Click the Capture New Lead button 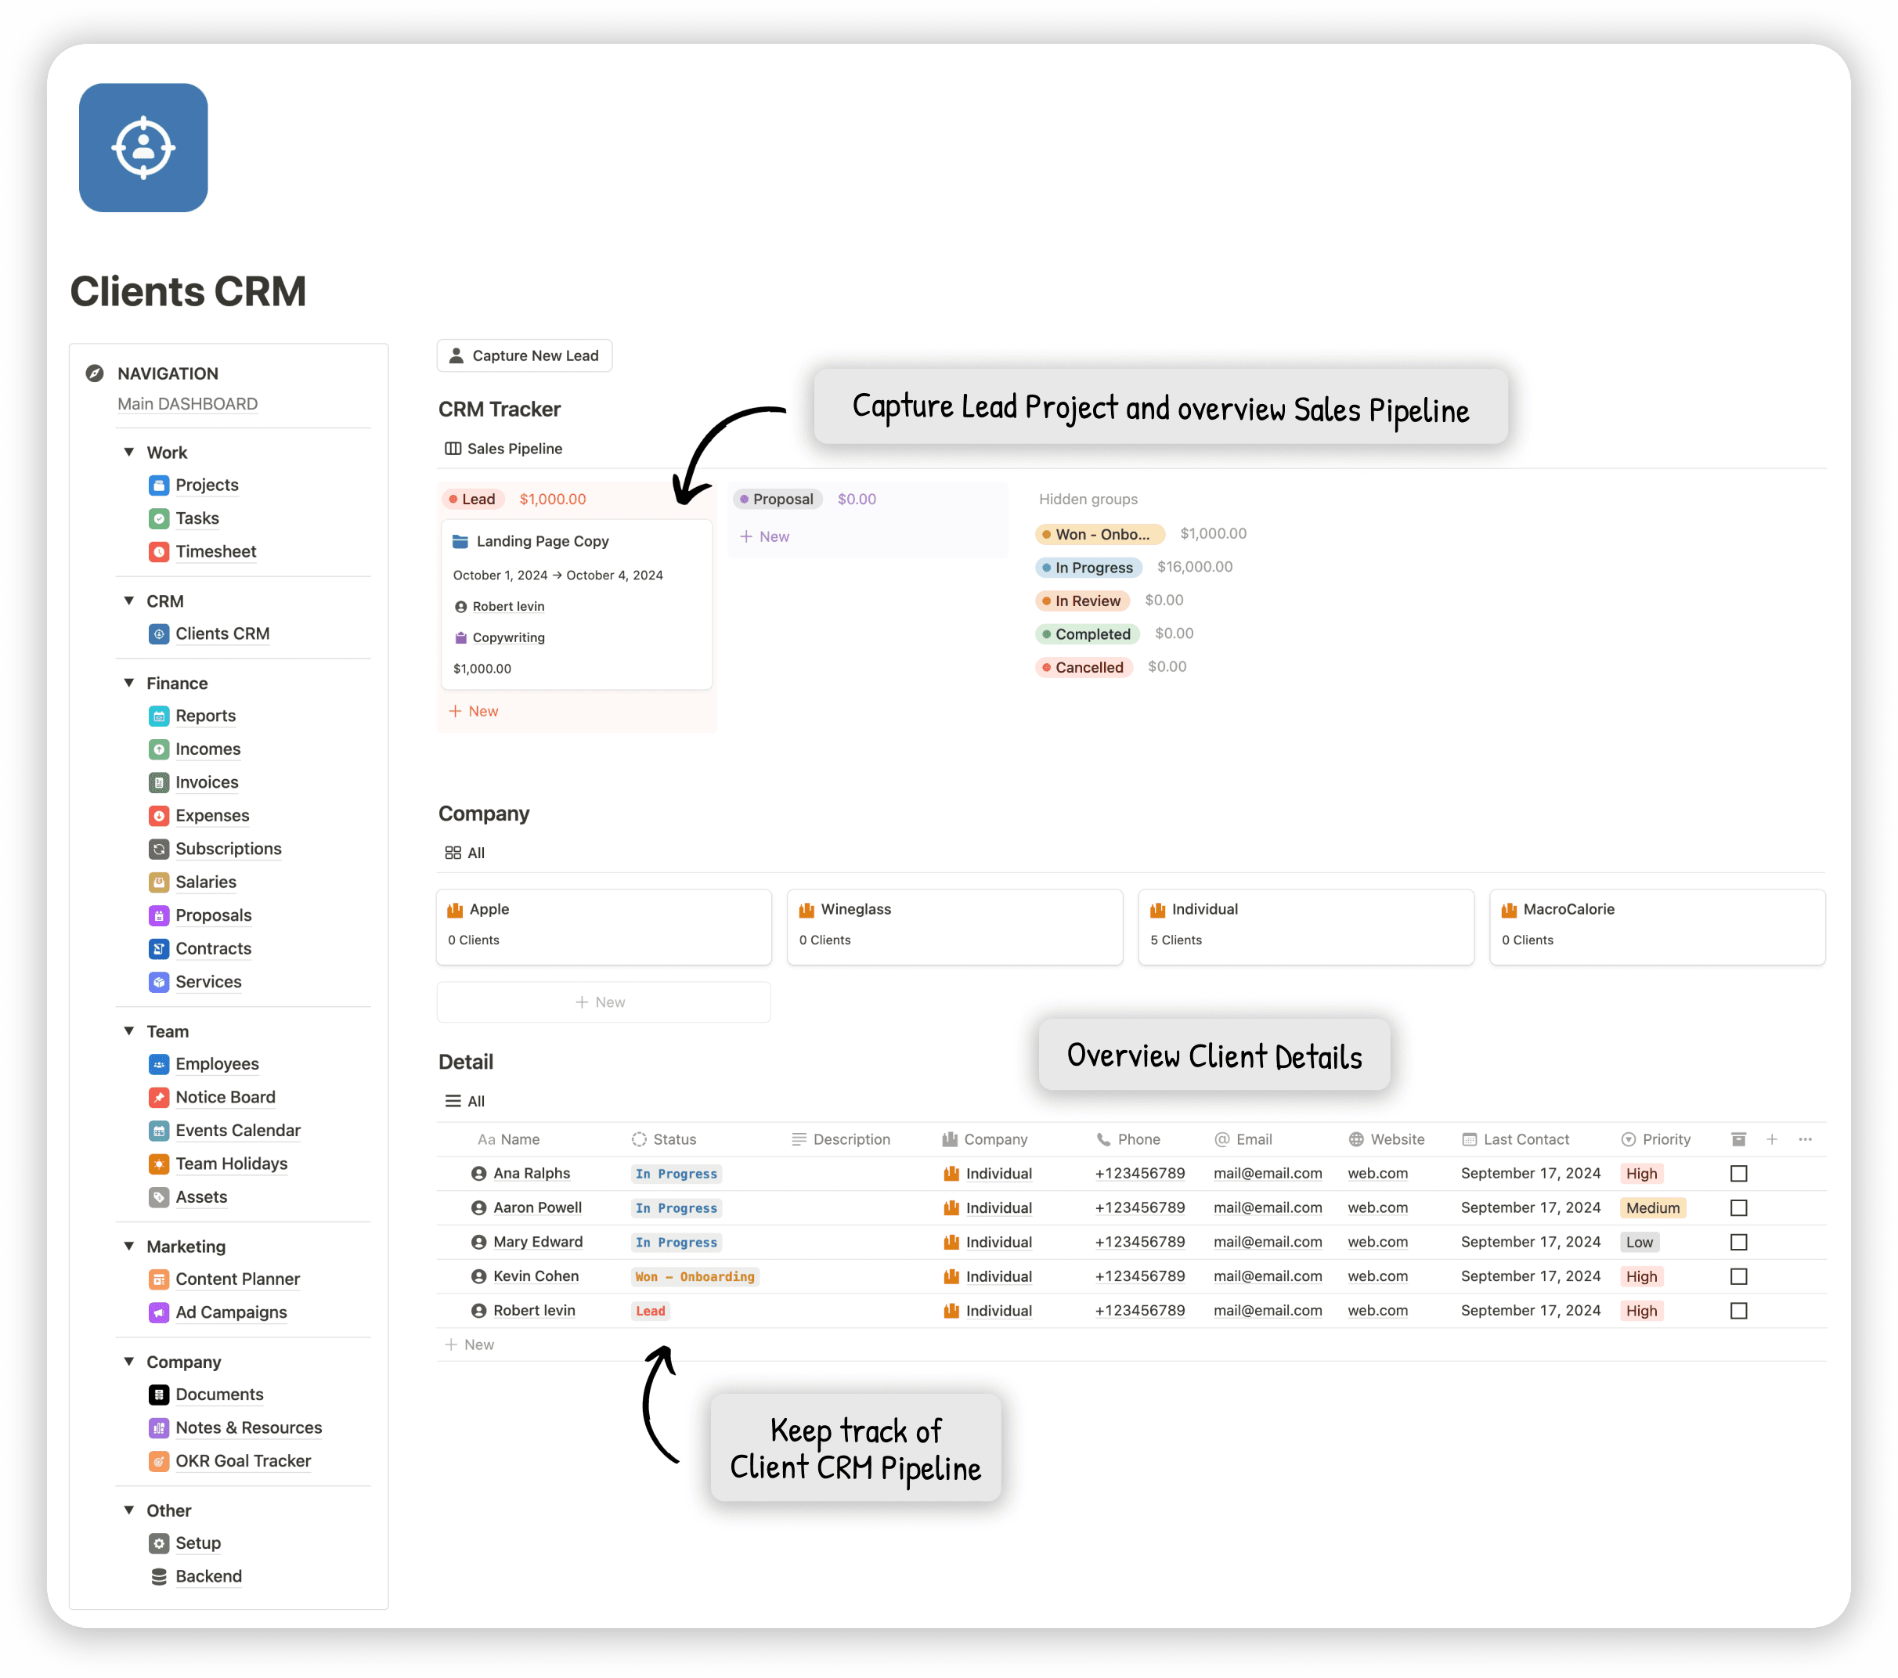pos(525,355)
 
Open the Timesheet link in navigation pos(215,551)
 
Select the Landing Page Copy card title pos(543,541)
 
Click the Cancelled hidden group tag pos(1088,668)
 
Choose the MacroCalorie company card pos(1657,926)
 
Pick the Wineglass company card pos(954,926)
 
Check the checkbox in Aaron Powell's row pos(1738,1208)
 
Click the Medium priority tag pos(1652,1208)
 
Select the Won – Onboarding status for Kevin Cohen pos(695,1277)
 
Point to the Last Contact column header pos(1525,1139)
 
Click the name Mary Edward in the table pos(538,1243)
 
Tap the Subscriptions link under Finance pos(228,849)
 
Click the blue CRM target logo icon pos(143,148)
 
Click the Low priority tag pos(1639,1243)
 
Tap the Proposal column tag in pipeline pos(778,500)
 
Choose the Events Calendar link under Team pos(238,1130)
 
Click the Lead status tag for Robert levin pos(650,1312)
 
